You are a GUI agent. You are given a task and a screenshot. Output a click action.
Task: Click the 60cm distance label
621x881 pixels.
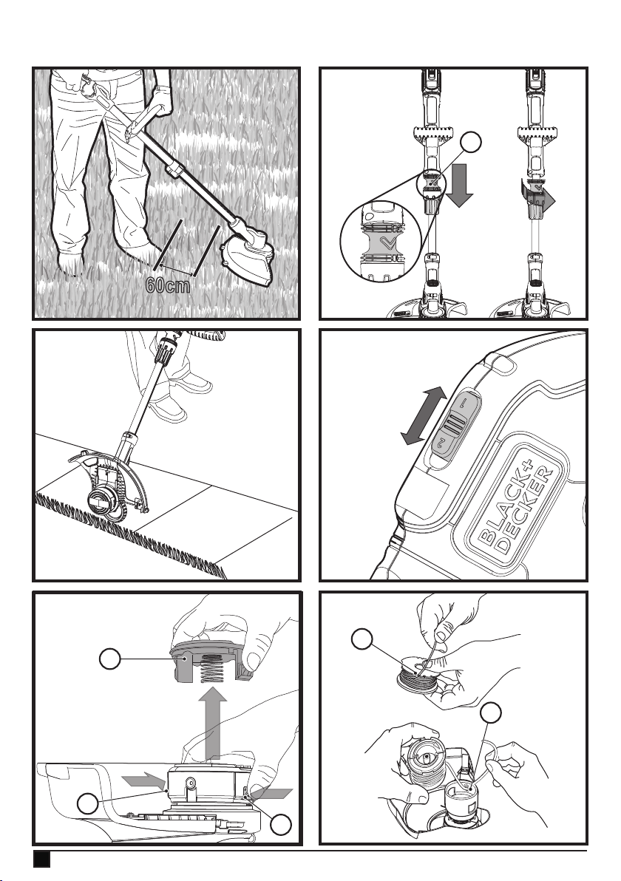[x=168, y=285]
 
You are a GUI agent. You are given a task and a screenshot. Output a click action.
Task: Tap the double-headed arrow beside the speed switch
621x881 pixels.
[x=424, y=416]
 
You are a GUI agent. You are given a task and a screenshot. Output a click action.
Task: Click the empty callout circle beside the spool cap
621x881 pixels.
[x=109, y=659]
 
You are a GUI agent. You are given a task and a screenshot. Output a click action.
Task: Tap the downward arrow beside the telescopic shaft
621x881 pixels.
[x=459, y=187]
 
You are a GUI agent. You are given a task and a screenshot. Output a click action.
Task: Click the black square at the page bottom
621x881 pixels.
[x=41, y=859]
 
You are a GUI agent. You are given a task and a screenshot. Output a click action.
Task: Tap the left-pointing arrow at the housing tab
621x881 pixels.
[x=271, y=793]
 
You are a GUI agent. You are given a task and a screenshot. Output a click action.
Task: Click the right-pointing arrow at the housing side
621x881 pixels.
[x=145, y=780]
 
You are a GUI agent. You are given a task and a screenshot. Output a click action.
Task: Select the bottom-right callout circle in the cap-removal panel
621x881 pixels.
[x=281, y=824]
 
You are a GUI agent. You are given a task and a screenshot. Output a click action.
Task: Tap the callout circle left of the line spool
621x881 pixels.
[x=362, y=639]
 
